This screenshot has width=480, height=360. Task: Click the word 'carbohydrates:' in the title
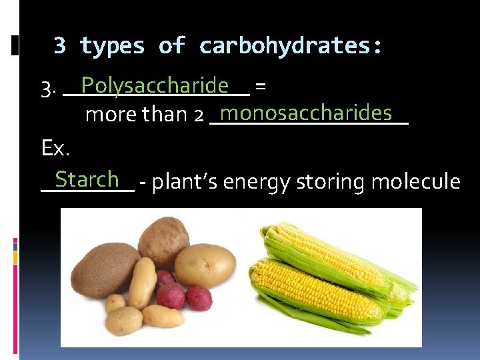291,46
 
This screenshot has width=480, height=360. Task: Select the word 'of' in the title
171,46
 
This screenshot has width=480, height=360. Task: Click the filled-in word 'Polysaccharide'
154,86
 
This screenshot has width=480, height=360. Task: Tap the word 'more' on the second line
108,115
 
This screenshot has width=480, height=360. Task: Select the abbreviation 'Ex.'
55,148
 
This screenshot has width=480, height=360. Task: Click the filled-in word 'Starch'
87,179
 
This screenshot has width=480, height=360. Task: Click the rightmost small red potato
199,298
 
